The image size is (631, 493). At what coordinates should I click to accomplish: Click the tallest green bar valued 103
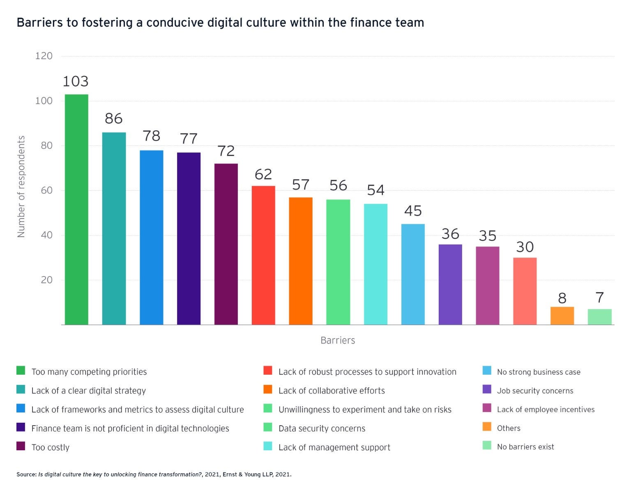(x=76, y=210)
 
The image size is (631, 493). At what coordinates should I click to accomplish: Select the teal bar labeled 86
(x=114, y=228)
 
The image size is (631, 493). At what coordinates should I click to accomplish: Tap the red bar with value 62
(x=263, y=255)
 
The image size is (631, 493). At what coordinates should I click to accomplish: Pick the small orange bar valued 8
(x=562, y=316)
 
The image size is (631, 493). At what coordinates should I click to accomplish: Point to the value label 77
(x=189, y=139)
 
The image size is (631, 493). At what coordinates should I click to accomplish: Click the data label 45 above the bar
(x=413, y=211)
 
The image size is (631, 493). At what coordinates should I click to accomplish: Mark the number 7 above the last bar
(x=599, y=297)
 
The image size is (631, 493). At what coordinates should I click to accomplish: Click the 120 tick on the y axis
(x=44, y=56)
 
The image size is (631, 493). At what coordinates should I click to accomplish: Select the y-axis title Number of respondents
(x=21, y=187)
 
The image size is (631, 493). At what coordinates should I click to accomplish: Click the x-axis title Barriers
(x=338, y=340)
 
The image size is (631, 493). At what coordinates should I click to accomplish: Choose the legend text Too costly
(x=51, y=447)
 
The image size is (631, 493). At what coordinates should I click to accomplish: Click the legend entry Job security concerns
(x=535, y=391)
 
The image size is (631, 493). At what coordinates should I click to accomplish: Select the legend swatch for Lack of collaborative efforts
(x=268, y=389)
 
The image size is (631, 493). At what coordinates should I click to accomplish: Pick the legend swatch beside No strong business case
(x=487, y=371)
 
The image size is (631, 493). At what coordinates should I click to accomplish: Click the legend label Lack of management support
(x=334, y=447)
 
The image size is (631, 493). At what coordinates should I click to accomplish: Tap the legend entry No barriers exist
(x=525, y=447)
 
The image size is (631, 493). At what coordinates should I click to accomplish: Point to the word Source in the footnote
(x=26, y=475)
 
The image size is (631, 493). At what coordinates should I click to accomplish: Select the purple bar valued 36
(x=450, y=284)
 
